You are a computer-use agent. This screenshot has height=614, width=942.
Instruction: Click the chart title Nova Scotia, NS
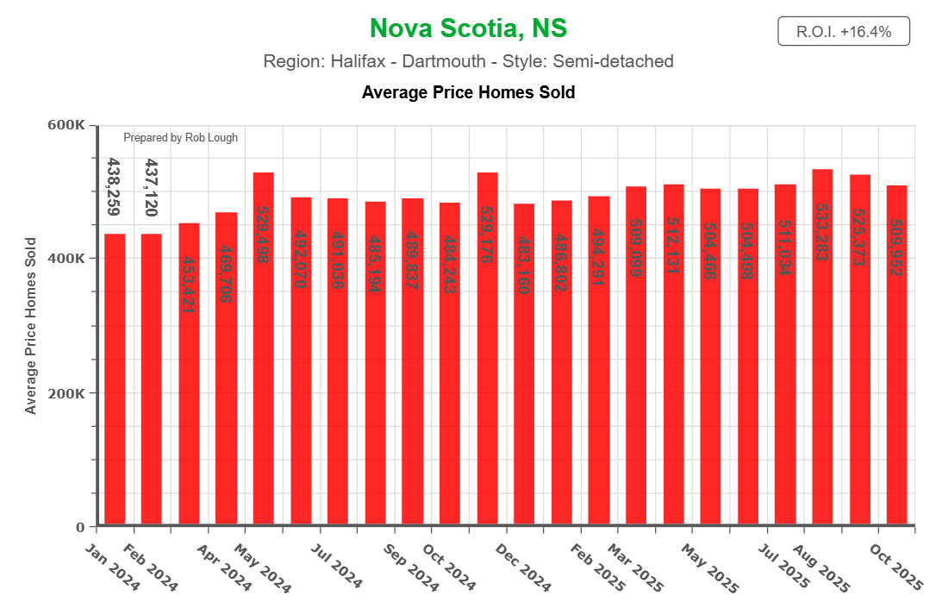(x=468, y=28)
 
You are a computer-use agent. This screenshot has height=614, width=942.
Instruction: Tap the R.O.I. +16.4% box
(x=843, y=32)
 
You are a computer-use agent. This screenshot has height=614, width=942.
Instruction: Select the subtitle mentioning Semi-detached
(x=468, y=62)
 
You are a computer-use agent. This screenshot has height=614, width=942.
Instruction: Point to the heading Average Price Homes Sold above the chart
(x=468, y=92)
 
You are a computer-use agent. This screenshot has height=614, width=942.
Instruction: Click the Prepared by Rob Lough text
(x=180, y=138)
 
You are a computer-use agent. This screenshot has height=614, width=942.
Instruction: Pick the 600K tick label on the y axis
(x=66, y=125)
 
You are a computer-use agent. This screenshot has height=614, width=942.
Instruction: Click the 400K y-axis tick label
(x=66, y=259)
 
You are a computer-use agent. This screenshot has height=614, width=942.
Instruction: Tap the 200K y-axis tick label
(x=66, y=393)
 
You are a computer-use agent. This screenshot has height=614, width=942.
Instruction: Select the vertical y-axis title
(x=31, y=326)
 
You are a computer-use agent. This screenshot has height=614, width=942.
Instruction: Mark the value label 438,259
(x=114, y=187)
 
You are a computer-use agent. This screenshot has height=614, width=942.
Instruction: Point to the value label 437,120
(x=152, y=187)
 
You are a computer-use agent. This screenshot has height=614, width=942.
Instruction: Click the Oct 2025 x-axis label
(x=896, y=567)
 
